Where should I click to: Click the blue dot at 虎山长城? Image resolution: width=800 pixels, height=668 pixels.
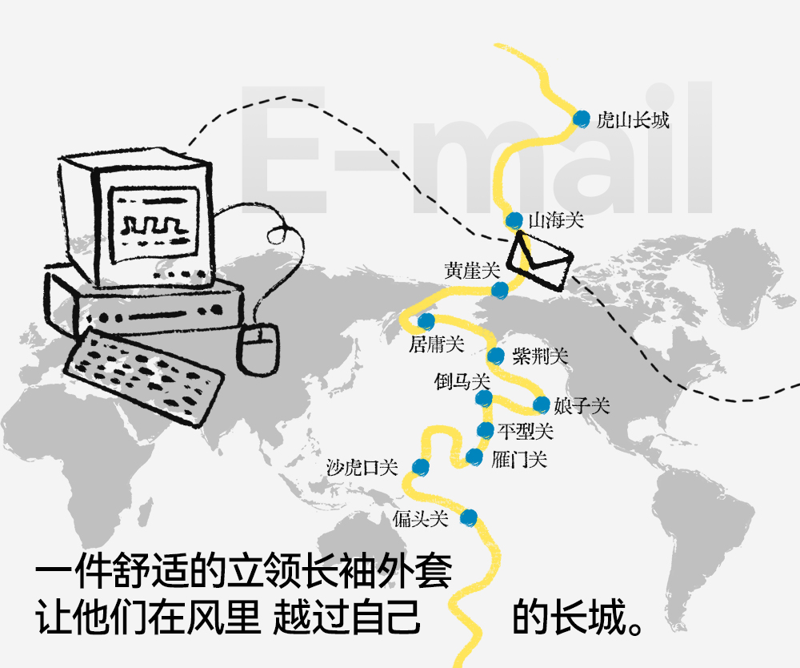pos(582,119)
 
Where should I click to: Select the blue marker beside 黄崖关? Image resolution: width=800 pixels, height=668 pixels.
pos(499,289)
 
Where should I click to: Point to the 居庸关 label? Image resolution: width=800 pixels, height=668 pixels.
pos(436,344)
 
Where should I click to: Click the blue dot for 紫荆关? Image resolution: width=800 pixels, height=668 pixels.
pos(496,356)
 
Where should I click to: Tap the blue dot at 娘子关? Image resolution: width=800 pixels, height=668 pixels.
pos(542,404)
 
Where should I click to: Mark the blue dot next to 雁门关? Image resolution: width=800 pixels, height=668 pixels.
pos(474,457)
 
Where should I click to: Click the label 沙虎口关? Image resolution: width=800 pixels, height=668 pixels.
pos(362,467)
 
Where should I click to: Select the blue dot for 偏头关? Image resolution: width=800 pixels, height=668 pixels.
pos(470,517)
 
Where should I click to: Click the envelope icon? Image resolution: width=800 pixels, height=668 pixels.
pos(541,259)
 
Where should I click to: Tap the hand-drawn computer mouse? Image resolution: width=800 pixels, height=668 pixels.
pos(258,347)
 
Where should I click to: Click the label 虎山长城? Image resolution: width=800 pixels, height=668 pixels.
pos(633,121)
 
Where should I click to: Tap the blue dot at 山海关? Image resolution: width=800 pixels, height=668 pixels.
pos(514,220)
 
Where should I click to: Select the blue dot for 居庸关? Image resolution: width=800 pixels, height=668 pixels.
pos(426,321)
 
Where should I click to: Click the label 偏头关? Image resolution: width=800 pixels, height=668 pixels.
pos(420,519)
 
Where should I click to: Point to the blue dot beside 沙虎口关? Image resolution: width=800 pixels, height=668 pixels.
pos(419,467)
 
